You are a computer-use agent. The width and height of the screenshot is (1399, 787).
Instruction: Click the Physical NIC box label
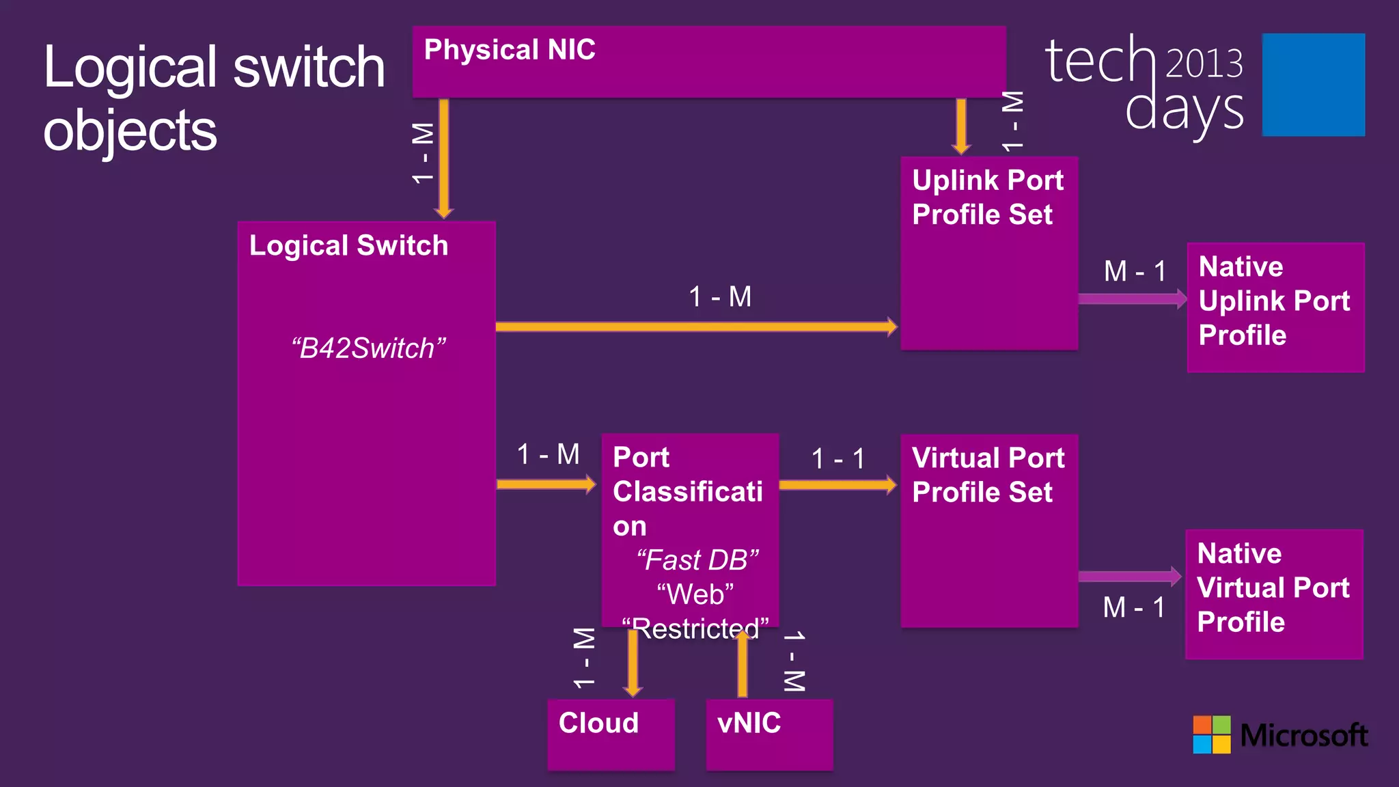click(x=510, y=50)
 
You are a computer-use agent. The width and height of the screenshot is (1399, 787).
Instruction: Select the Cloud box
click(x=611, y=734)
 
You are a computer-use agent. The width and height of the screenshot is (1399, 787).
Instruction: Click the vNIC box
click(x=769, y=734)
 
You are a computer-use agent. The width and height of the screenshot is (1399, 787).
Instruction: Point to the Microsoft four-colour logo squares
click(x=1211, y=734)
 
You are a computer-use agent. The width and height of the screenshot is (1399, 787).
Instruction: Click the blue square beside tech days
click(x=1313, y=85)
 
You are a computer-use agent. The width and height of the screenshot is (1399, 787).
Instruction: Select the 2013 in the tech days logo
click(x=1204, y=64)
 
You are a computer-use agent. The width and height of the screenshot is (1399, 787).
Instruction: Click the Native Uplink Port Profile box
click(x=1275, y=307)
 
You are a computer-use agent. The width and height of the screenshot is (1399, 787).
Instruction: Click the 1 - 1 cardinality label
click(x=838, y=458)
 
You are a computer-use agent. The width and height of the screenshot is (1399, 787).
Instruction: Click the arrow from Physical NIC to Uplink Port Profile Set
click(x=961, y=126)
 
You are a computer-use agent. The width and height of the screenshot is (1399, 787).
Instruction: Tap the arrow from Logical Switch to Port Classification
click(x=546, y=484)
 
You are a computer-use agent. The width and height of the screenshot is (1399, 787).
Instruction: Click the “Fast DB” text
click(x=697, y=560)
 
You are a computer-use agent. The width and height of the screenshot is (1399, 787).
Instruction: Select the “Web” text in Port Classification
click(x=695, y=594)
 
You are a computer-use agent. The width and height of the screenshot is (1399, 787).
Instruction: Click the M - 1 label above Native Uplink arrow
click(x=1135, y=271)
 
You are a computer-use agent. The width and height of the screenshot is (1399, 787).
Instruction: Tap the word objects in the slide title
click(x=130, y=130)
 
